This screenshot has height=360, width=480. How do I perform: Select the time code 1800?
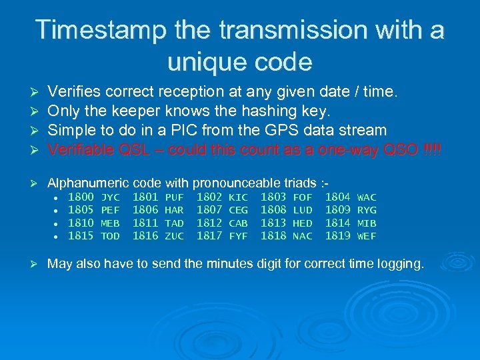[x=81, y=197]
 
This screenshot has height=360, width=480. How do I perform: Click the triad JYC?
[x=110, y=198]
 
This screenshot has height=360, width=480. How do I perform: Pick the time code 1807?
[x=209, y=210]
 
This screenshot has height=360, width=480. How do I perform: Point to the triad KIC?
[x=238, y=198]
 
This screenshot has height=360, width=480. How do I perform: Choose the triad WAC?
[x=367, y=198]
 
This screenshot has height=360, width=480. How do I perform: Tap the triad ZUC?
[x=174, y=236]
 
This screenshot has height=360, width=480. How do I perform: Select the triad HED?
[x=303, y=223]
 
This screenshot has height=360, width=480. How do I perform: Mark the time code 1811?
[x=145, y=223]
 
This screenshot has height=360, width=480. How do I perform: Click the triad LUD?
[x=303, y=211]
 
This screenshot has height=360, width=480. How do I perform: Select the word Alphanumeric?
[x=88, y=182]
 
